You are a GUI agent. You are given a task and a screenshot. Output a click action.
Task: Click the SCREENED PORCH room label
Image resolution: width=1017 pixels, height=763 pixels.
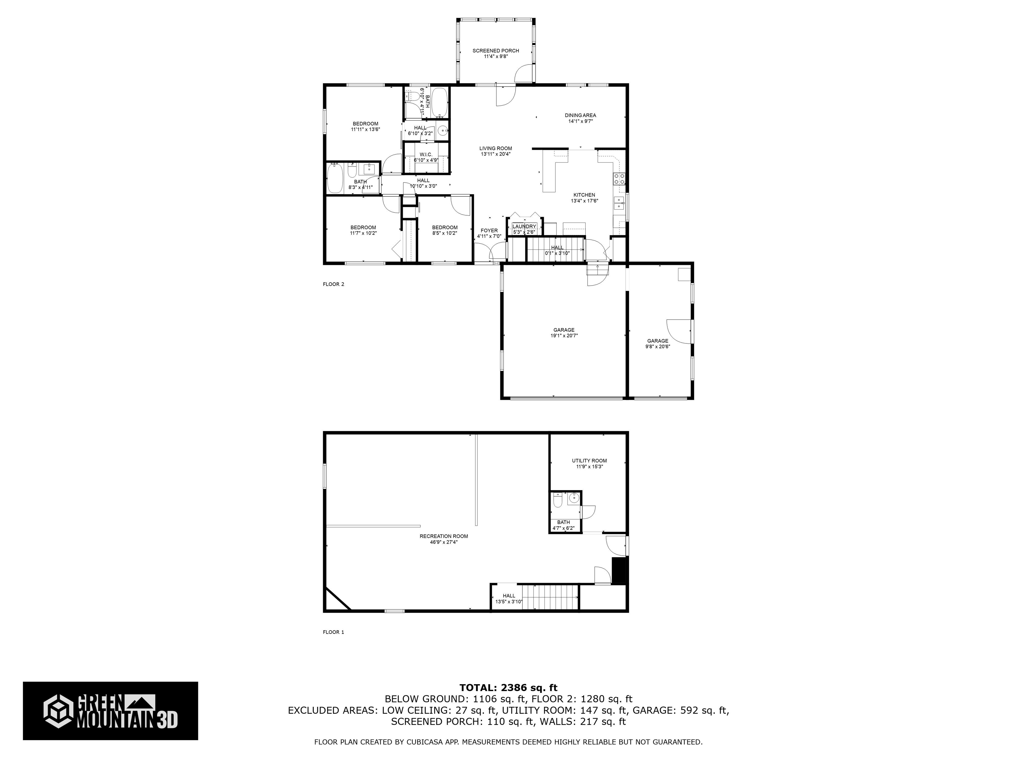click(x=496, y=51)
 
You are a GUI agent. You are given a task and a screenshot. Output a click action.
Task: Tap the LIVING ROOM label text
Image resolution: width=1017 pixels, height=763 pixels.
click(x=496, y=149)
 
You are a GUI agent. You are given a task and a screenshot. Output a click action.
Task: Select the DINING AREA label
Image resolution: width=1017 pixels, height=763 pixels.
click(x=580, y=116)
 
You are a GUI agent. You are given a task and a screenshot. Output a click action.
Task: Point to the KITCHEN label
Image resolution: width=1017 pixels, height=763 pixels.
click(x=584, y=195)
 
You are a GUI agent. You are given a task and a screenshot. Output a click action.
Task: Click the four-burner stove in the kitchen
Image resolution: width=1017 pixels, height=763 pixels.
click(x=619, y=179)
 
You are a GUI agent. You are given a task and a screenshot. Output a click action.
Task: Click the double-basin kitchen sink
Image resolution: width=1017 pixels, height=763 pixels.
click(x=619, y=203)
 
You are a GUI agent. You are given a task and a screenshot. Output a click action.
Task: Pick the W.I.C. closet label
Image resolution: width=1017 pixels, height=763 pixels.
click(x=426, y=155)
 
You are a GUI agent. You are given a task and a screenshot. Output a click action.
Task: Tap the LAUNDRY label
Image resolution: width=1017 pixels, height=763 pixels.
click(x=524, y=226)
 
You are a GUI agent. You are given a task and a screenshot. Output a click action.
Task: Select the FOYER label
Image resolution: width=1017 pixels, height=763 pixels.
click(x=489, y=231)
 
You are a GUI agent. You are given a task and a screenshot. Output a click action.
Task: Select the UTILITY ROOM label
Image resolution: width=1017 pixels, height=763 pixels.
click(x=589, y=460)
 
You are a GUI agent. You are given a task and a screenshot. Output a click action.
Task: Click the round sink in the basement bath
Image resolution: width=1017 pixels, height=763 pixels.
click(x=573, y=498)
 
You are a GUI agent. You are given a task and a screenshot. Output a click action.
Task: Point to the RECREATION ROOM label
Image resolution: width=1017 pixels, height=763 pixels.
click(x=444, y=536)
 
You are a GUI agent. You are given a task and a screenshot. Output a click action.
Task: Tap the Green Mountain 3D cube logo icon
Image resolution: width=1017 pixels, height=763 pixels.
click(x=58, y=711)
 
